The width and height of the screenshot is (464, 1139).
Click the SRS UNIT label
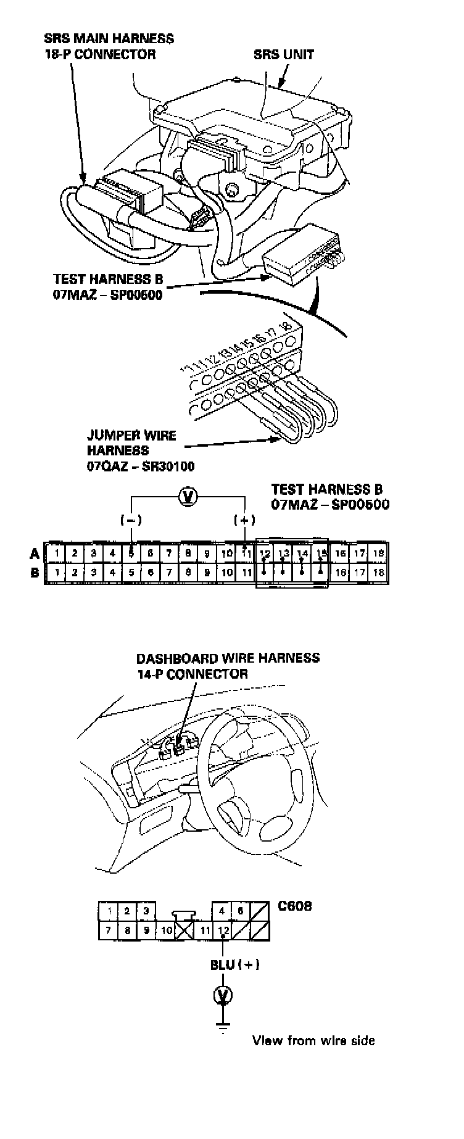click(283, 54)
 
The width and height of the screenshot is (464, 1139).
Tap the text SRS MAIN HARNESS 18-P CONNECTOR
click(109, 46)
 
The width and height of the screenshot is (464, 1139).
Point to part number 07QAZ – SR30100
click(141, 466)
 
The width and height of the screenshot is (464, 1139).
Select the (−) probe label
click(131, 520)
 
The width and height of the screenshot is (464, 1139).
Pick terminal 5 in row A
click(132, 553)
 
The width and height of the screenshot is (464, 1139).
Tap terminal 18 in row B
click(379, 573)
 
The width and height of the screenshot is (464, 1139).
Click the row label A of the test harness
click(35, 553)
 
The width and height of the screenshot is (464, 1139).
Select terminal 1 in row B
click(56, 573)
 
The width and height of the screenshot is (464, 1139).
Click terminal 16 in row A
click(341, 553)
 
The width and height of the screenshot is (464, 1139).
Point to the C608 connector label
click(294, 906)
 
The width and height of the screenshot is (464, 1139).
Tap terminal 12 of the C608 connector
click(223, 930)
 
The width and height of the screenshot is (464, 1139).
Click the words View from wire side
click(313, 1041)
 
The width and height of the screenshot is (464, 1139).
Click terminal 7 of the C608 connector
click(109, 930)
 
